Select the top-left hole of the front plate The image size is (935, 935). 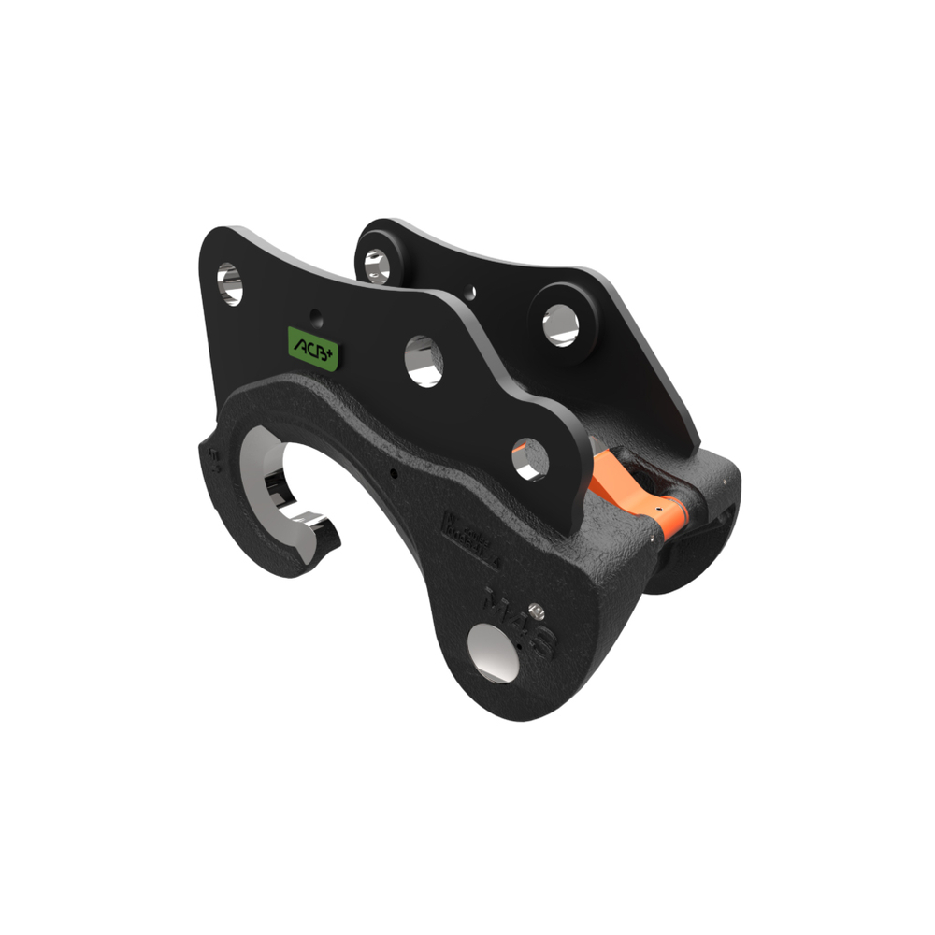coord(230,283)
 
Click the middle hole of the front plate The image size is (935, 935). coord(424,360)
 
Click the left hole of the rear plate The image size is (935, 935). coord(377,266)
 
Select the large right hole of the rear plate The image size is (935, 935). coord(561,324)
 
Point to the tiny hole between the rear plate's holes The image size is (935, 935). coord(470,292)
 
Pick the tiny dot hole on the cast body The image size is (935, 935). coord(394,473)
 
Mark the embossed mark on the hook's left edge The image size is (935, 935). coord(214,458)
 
